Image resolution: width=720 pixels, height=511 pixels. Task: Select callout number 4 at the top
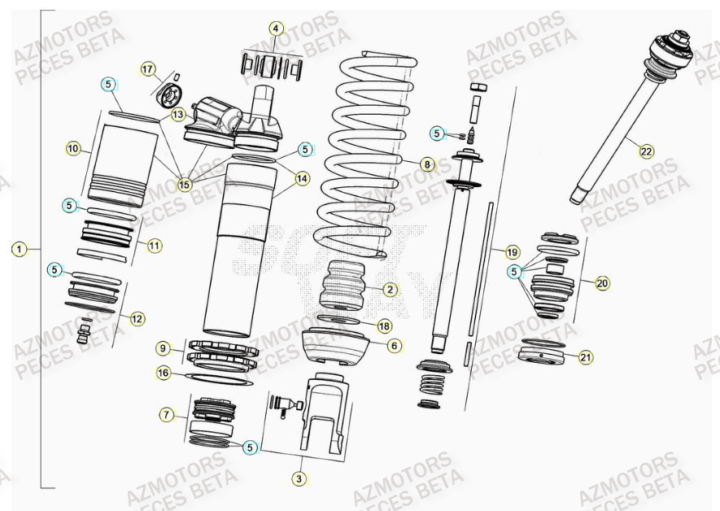(276, 28)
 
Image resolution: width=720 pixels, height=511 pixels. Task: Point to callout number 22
(646, 151)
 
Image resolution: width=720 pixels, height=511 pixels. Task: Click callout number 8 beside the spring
(426, 164)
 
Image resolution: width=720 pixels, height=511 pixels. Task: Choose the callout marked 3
(299, 479)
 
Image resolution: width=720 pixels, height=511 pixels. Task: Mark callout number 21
(586, 356)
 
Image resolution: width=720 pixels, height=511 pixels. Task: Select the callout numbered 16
(164, 372)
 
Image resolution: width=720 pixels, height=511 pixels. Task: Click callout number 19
(512, 251)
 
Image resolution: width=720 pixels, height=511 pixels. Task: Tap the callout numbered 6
(394, 346)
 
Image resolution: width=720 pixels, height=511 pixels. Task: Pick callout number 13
(177, 116)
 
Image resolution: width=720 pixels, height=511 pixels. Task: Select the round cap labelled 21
(542, 356)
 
